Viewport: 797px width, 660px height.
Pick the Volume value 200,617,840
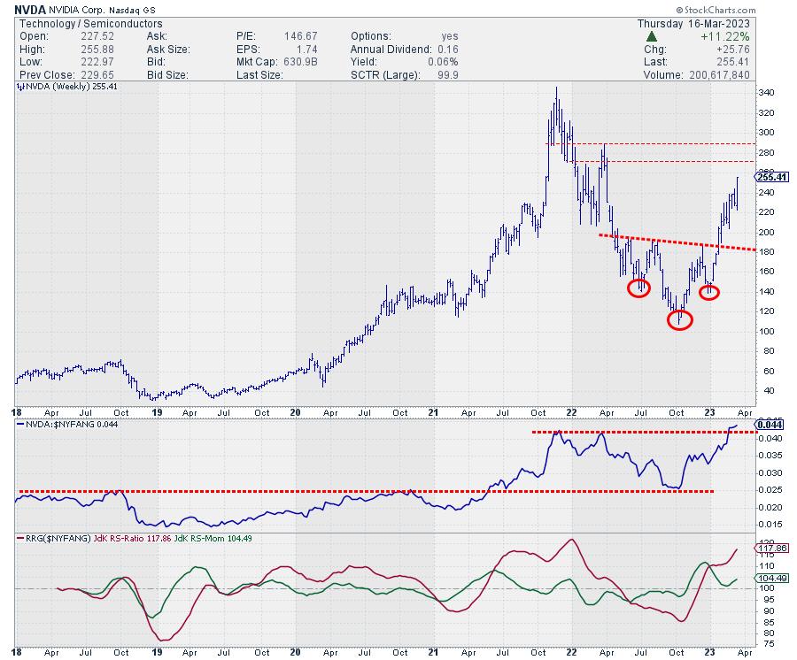click(725, 75)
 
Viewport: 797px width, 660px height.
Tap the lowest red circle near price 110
click(679, 318)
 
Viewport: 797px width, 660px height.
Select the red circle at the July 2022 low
click(639, 288)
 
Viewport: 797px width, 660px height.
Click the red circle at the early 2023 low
click(709, 291)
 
